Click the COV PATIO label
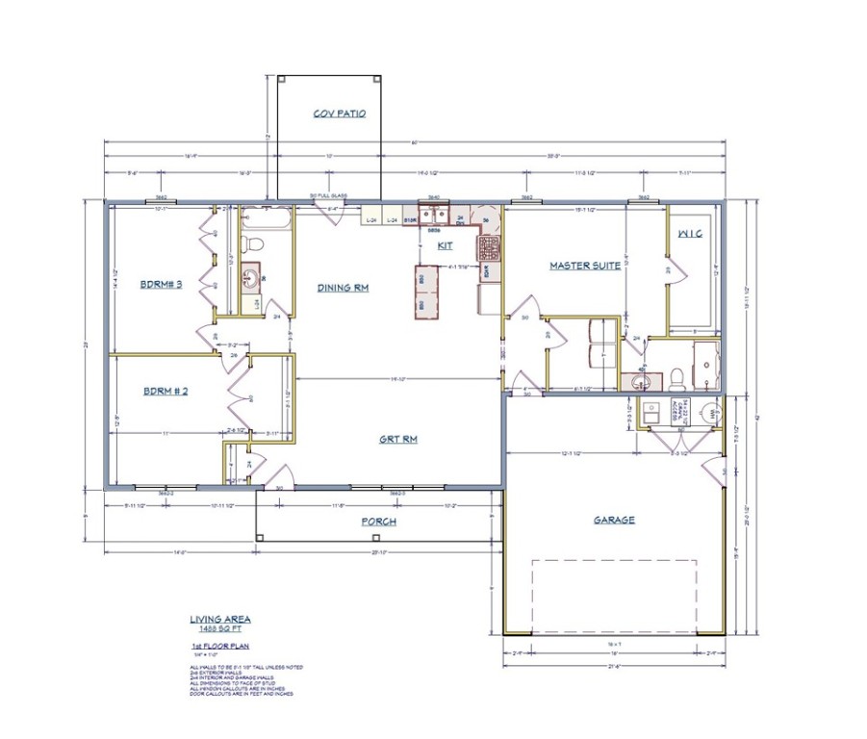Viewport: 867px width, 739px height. pyautogui.click(x=340, y=114)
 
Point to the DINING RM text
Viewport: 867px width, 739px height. pyautogui.click(x=343, y=287)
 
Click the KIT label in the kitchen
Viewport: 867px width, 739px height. pyautogui.click(x=445, y=245)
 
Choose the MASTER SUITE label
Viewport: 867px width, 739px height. pyautogui.click(x=581, y=265)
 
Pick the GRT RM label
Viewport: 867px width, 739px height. pyautogui.click(x=396, y=439)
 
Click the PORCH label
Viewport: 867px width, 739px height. pyautogui.click(x=379, y=522)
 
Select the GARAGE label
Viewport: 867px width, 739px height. pyautogui.click(x=613, y=520)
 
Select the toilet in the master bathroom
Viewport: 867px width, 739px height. pyautogui.click(x=677, y=376)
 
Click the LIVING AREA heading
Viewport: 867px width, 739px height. pyautogui.click(x=220, y=620)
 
